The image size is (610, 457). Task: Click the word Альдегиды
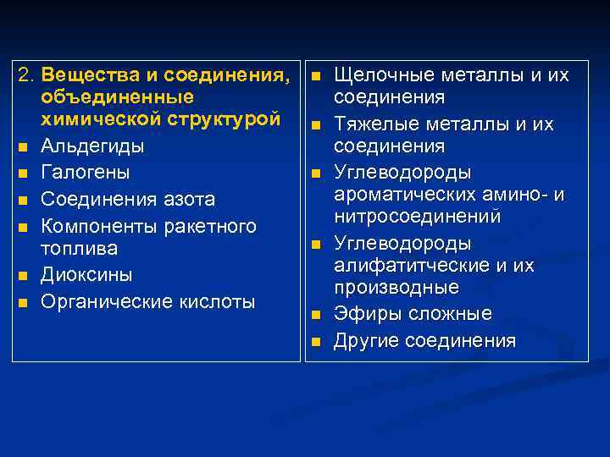coord(91,146)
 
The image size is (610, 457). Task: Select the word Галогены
coord(85,173)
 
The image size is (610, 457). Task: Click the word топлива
coord(79,249)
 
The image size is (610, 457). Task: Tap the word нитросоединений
coord(417,217)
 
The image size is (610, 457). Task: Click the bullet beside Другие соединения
coord(314,342)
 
